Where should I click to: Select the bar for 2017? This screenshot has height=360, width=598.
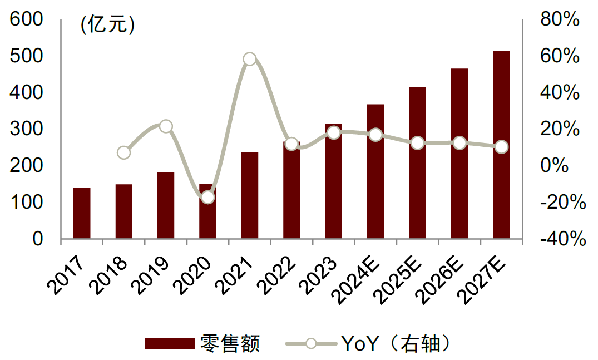pyautogui.click(x=82, y=214)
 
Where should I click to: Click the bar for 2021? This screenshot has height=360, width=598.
pyautogui.click(x=250, y=195)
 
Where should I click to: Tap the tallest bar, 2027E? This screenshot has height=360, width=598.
pyautogui.click(x=501, y=145)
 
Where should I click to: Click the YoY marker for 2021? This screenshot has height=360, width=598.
pyautogui.click(x=250, y=59)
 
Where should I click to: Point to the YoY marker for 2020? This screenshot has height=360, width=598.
pyautogui.click(x=207, y=197)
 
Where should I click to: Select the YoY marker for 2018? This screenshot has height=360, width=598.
pyautogui.click(x=124, y=152)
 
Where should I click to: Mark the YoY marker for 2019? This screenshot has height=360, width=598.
pyautogui.click(x=166, y=126)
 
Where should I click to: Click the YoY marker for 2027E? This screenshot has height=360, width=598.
pyautogui.click(x=501, y=147)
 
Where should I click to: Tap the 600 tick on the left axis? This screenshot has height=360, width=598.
pyautogui.click(x=28, y=20)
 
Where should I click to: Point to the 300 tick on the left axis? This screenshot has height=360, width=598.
pyautogui.click(x=28, y=130)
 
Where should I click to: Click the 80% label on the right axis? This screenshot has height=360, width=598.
pyautogui.click(x=560, y=20)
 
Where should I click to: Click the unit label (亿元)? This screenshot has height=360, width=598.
pyautogui.click(x=107, y=24)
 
